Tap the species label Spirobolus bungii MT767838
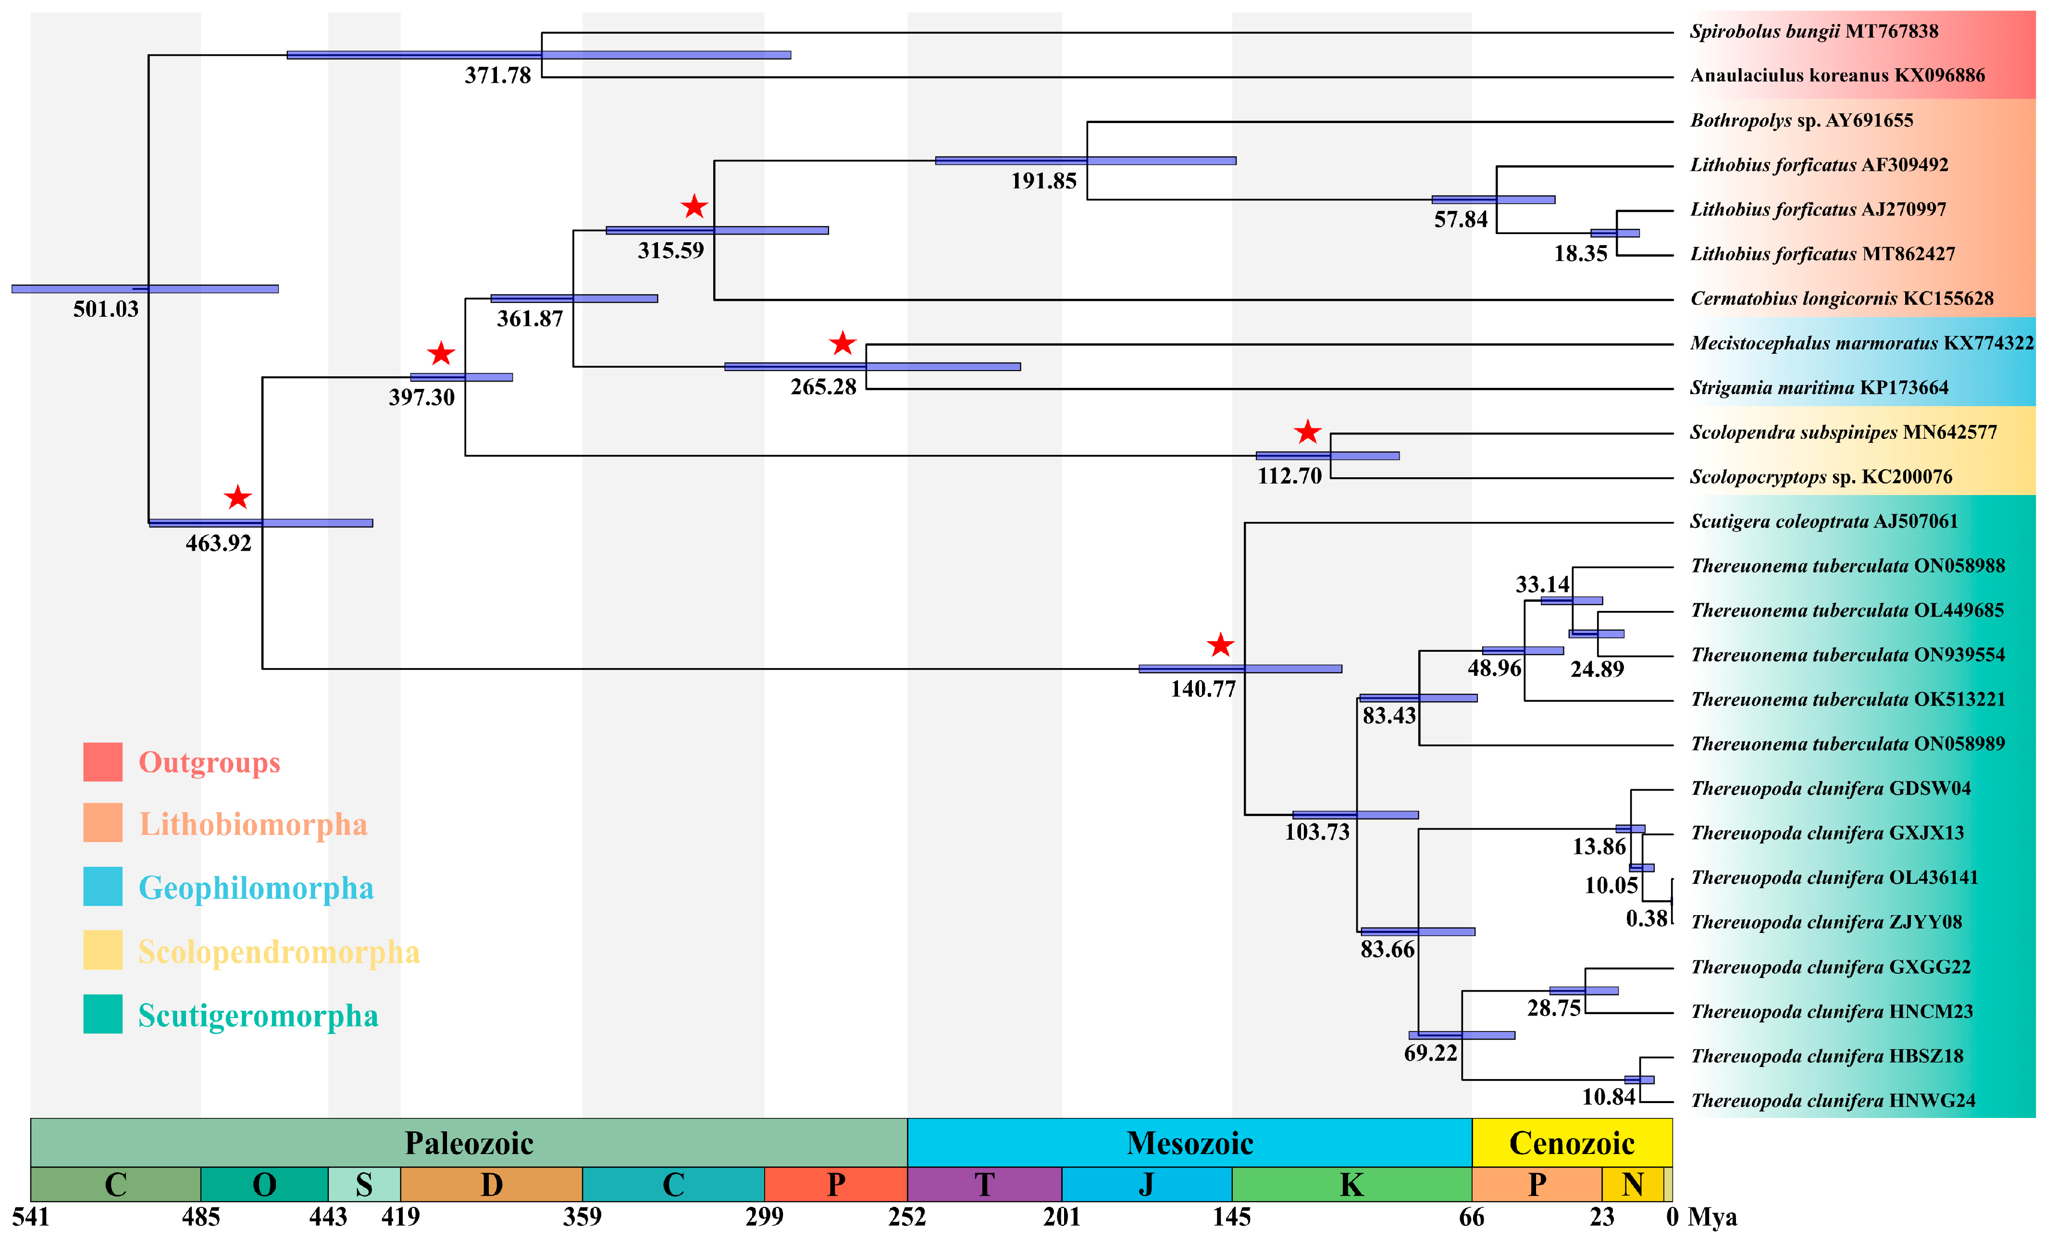click(1813, 32)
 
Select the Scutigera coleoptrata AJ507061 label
click(1823, 521)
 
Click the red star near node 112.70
click(1307, 432)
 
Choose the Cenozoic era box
click(1571, 1143)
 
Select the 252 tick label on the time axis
click(906, 1217)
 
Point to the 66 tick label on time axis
click(1472, 1217)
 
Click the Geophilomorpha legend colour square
click(103, 887)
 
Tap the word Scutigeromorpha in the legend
click(258, 1016)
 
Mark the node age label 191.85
click(1043, 181)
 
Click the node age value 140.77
click(1202, 689)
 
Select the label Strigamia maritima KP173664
click(1819, 388)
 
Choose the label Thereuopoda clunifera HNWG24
click(1833, 1101)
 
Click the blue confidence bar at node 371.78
click(539, 55)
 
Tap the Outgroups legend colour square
click(103, 762)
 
